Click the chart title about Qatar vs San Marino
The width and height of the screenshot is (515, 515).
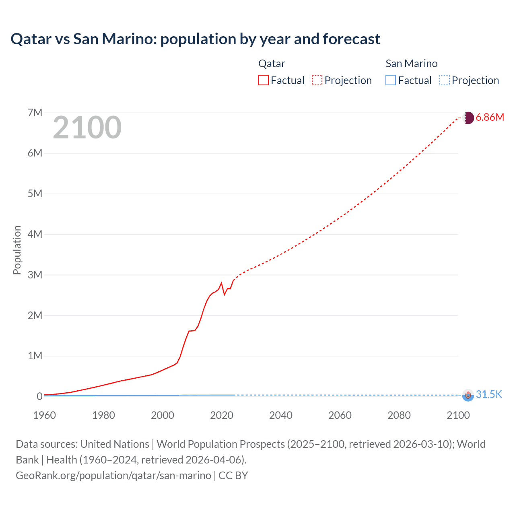click(195, 39)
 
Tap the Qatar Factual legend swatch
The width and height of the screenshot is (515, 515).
click(264, 80)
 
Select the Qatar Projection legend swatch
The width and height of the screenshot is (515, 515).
click(317, 80)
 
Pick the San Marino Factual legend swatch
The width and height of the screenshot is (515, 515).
click(391, 80)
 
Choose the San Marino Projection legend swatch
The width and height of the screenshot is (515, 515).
click(444, 80)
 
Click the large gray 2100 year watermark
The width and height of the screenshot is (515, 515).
click(87, 128)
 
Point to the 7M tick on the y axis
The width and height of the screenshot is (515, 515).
click(35, 113)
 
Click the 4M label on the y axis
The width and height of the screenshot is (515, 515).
click(35, 234)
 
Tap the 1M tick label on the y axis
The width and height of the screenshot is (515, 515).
click(35, 356)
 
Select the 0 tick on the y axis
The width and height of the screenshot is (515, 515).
click(39, 396)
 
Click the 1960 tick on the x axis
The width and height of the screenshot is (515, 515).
click(44, 415)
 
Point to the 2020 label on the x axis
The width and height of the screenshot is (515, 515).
click(222, 415)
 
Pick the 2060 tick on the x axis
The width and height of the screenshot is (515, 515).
click(340, 415)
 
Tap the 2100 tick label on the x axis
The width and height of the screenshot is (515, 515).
click(458, 415)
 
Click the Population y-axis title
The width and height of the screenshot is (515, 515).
click(17, 250)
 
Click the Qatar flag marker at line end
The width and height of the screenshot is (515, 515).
click(468, 118)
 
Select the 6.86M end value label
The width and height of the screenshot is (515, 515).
click(490, 117)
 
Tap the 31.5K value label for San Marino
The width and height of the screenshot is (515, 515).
click(489, 394)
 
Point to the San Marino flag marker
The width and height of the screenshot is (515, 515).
click(468, 395)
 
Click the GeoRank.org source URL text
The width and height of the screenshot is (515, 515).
click(113, 476)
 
